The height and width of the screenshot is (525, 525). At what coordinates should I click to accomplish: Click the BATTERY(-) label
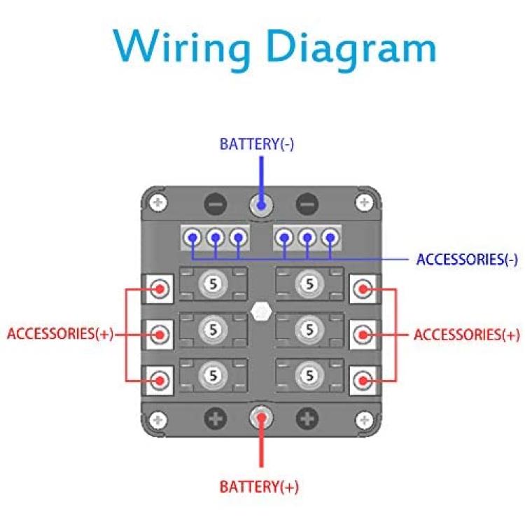coord(257,144)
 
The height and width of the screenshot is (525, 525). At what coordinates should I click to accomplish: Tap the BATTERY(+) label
coord(259,486)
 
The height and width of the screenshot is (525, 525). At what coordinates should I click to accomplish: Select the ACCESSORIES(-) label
coord(467,260)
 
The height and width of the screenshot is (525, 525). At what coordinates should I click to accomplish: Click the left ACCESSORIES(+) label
coord(60,333)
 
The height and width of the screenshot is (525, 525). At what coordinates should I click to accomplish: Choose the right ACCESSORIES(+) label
coord(467,335)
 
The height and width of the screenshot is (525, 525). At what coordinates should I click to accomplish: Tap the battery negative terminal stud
coord(261,204)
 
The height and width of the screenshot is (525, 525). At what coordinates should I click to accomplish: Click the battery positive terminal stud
coord(261,417)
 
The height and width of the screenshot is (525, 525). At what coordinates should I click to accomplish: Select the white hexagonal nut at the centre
coord(261,311)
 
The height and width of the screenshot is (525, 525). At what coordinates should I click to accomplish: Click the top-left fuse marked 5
coord(213,284)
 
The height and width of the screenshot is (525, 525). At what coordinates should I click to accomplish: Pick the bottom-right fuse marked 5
coord(309,376)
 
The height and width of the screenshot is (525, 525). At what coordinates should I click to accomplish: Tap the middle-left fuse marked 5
coord(213,330)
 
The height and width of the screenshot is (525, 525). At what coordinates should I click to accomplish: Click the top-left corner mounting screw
coord(157,202)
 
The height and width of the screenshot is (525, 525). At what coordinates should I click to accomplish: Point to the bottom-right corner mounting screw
coord(365,420)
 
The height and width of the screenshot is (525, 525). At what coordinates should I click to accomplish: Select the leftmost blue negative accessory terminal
coord(192,238)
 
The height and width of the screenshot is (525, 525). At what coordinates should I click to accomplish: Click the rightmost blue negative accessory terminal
coord(330,238)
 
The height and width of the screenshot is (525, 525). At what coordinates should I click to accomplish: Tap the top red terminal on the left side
coord(160,288)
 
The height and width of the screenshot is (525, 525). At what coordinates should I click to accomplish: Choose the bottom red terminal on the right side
coord(363,380)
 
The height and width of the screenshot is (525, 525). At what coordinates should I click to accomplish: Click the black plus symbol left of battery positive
coord(216,418)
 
